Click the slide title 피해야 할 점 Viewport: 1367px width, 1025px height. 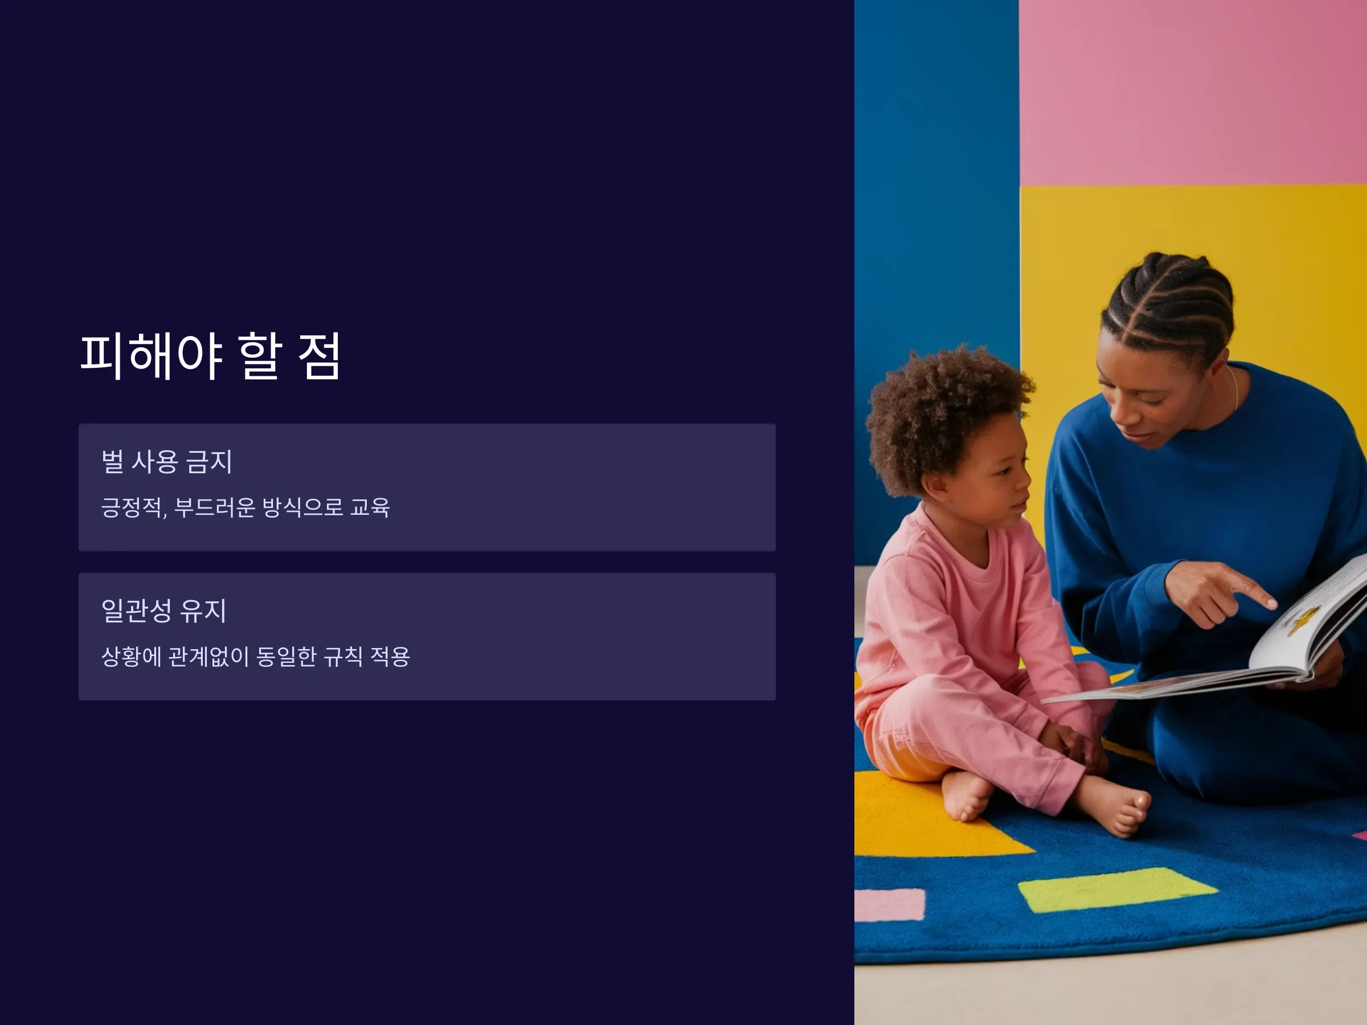[210, 356]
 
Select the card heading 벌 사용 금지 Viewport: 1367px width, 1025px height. [167, 461]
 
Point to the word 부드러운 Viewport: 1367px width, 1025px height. [214, 507]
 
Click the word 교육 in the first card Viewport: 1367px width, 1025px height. [370, 507]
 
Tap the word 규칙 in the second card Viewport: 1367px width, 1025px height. [343, 656]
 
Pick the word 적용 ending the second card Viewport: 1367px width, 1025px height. [390, 656]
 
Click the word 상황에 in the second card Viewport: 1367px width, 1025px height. [131, 656]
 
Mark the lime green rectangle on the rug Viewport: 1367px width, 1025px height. [1118, 889]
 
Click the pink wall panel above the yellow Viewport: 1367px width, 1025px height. [1193, 93]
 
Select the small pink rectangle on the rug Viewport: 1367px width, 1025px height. [890, 905]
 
